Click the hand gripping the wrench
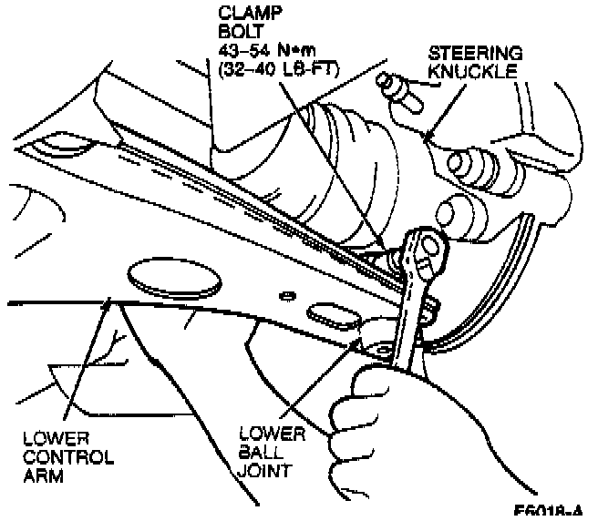(x=383, y=410)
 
